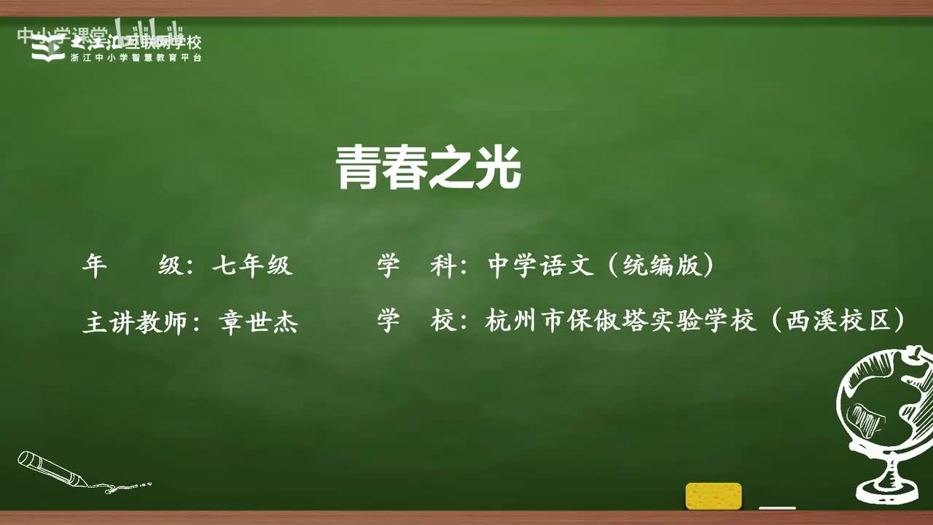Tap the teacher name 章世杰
259,322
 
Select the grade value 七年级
252,266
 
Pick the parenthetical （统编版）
659,266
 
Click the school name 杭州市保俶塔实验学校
621,321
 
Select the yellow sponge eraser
714,496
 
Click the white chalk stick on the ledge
777,507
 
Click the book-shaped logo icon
48,48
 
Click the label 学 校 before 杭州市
417,321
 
